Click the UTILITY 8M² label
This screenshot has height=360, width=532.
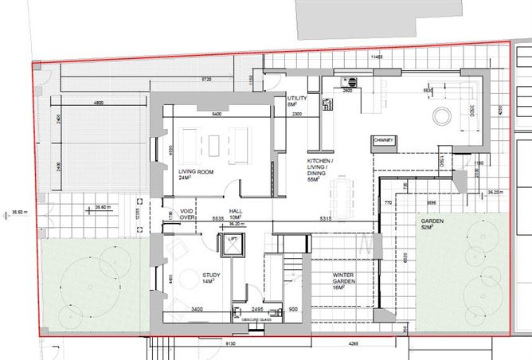[x=295, y=100]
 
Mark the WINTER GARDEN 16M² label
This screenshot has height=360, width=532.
[x=347, y=278]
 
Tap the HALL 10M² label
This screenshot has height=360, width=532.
[x=236, y=214]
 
